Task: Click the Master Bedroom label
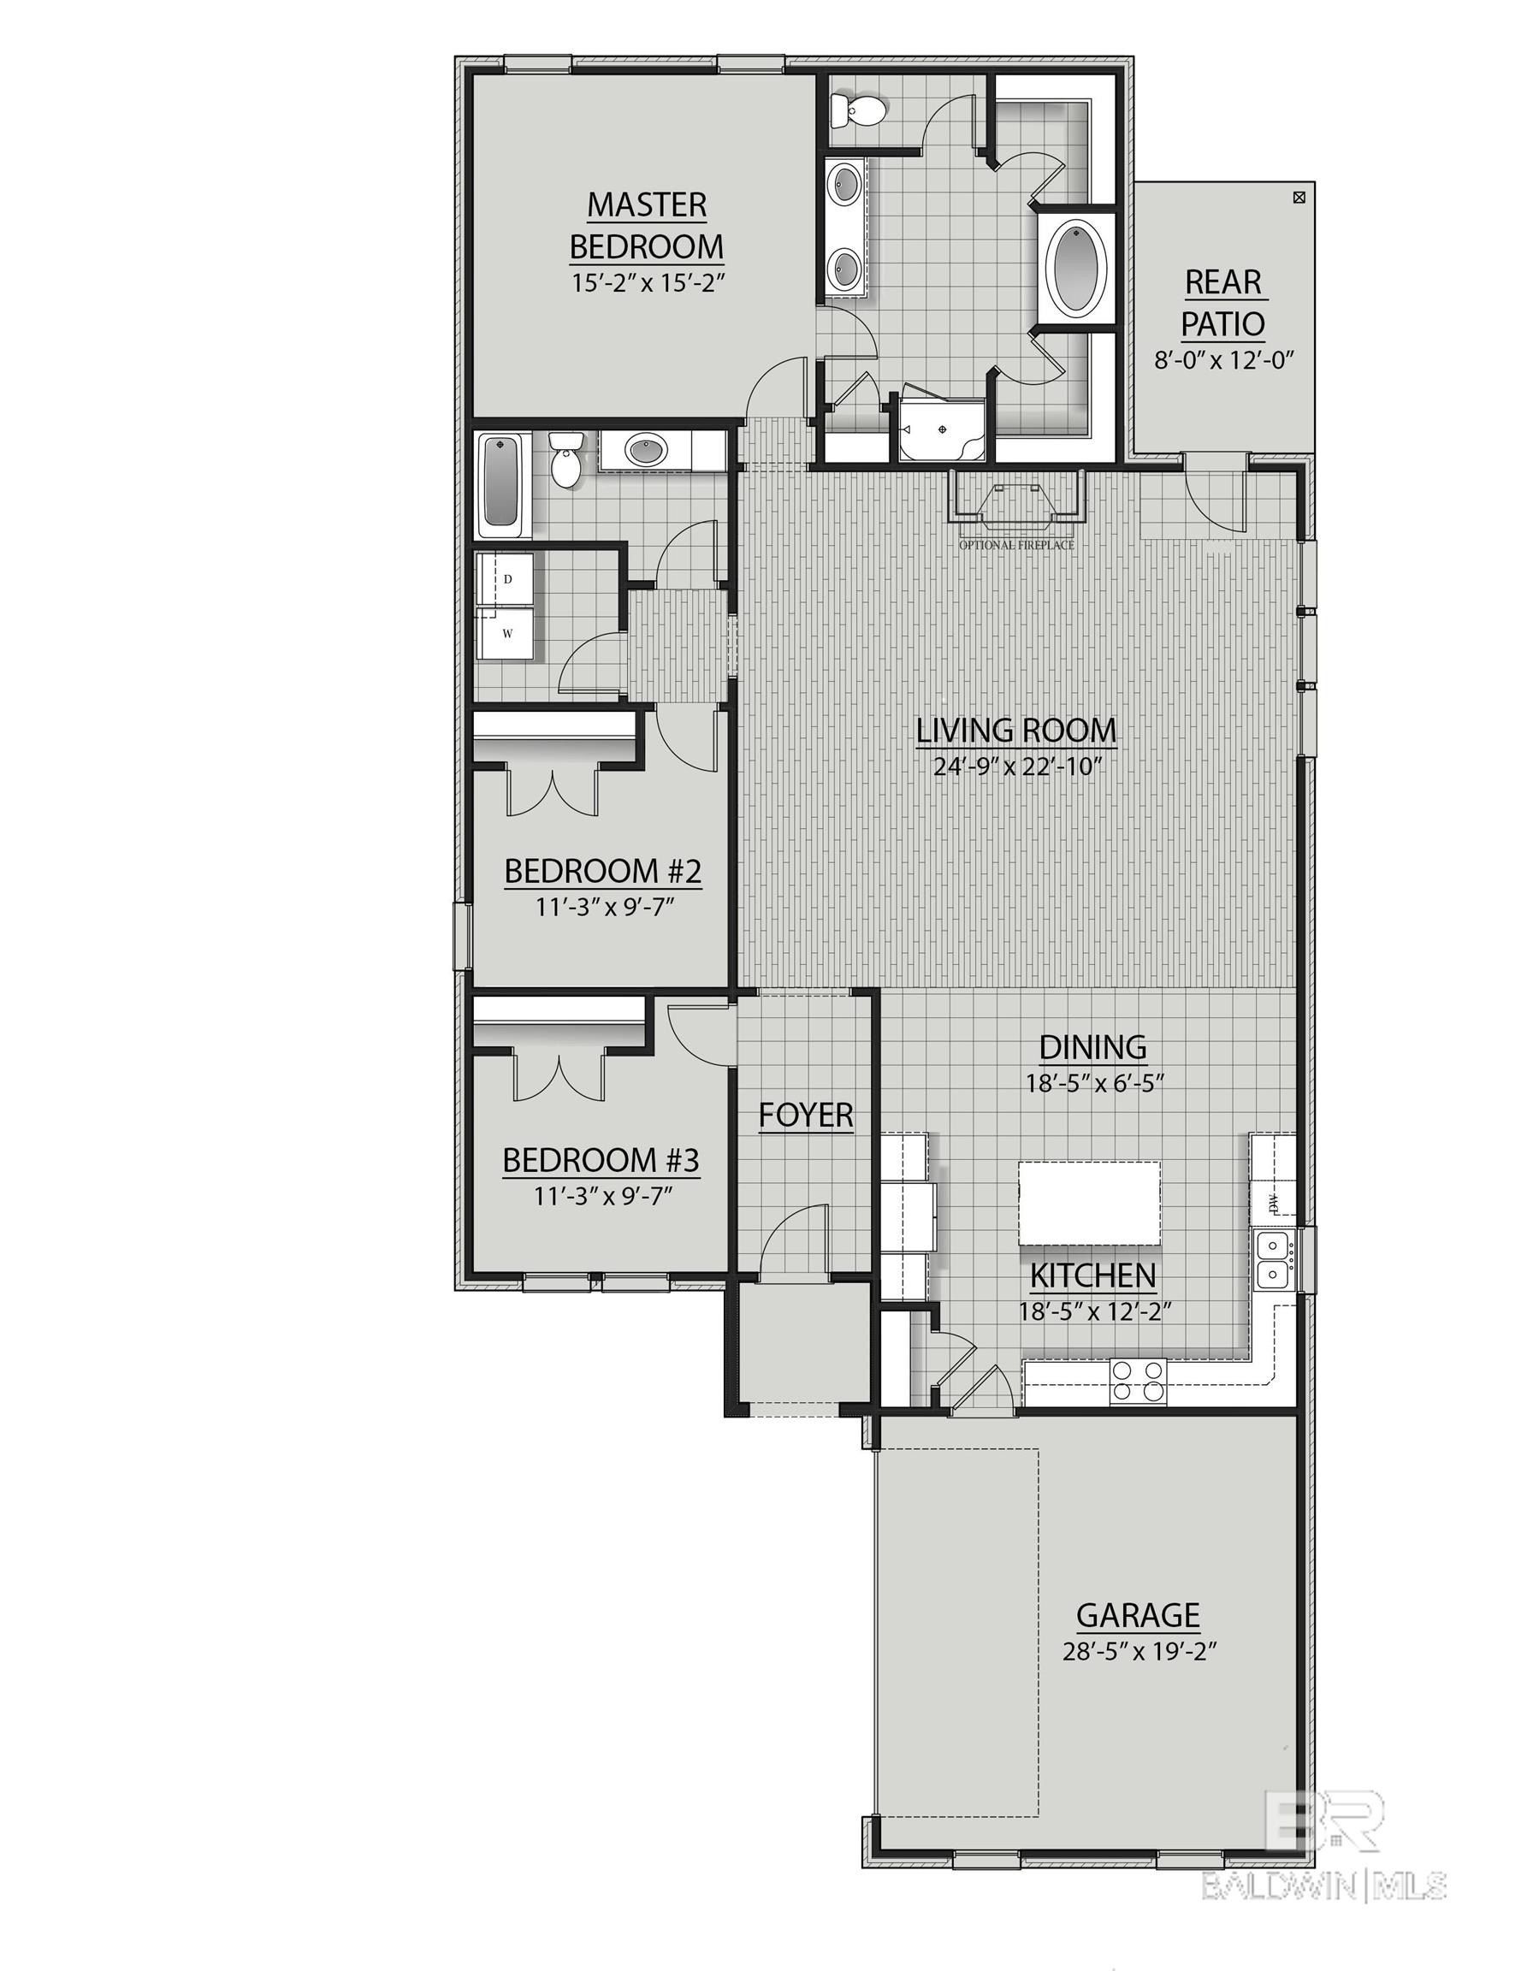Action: point(646,226)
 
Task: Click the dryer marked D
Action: point(507,578)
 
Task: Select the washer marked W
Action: point(507,634)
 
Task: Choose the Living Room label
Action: point(1016,730)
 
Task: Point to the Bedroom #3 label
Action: point(601,1160)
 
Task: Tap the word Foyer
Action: point(805,1115)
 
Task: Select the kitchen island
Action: point(1090,1203)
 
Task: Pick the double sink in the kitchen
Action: point(1273,1261)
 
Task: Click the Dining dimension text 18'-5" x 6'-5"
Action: point(1093,1083)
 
